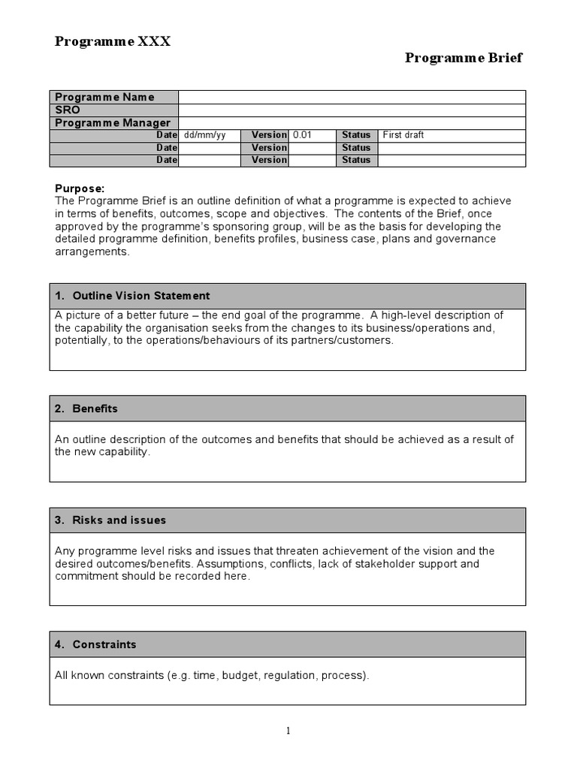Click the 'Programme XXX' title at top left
click(113, 41)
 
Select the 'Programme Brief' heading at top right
click(464, 59)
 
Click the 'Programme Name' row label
click(104, 97)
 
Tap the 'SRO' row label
click(68, 110)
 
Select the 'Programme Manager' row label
click(113, 122)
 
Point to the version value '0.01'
click(302, 135)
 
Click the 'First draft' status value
click(403, 135)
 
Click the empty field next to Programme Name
click(352, 97)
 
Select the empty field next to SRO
click(352, 110)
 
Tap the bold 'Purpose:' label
click(80, 188)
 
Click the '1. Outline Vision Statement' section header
click(132, 296)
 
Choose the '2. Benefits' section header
click(86, 409)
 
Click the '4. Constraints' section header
click(95, 644)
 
